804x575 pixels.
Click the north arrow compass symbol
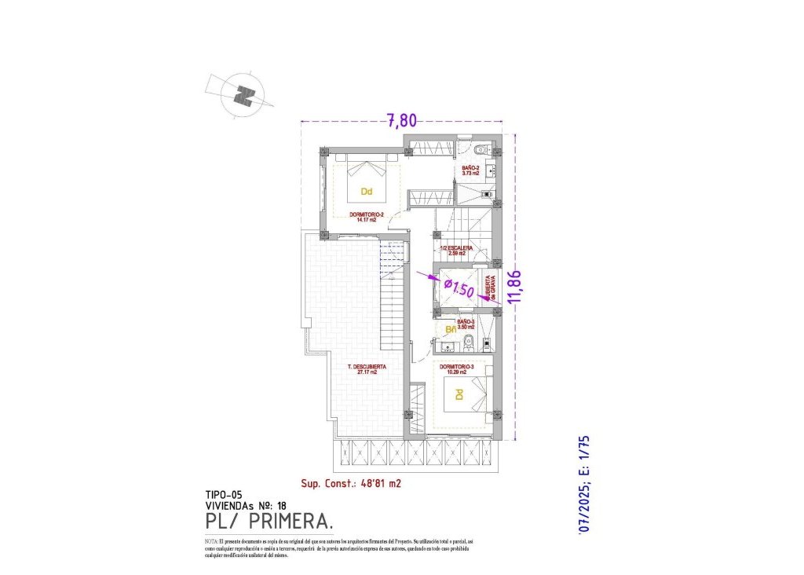coord(244,95)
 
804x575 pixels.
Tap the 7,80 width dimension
coord(400,120)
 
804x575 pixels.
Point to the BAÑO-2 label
coord(471,170)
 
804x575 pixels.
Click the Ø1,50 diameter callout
coord(459,288)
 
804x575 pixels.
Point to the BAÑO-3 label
coord(466,324)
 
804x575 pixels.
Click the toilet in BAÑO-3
coord(468,341)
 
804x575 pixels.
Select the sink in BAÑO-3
coord(449,346)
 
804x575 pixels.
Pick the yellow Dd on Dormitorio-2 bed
coord(366,191)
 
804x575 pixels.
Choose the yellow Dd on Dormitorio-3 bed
coord(456,397)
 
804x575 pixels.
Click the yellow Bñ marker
coord(451,330)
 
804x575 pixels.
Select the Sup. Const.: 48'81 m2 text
coord(351,484)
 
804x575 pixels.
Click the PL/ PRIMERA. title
coord(269,522)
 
